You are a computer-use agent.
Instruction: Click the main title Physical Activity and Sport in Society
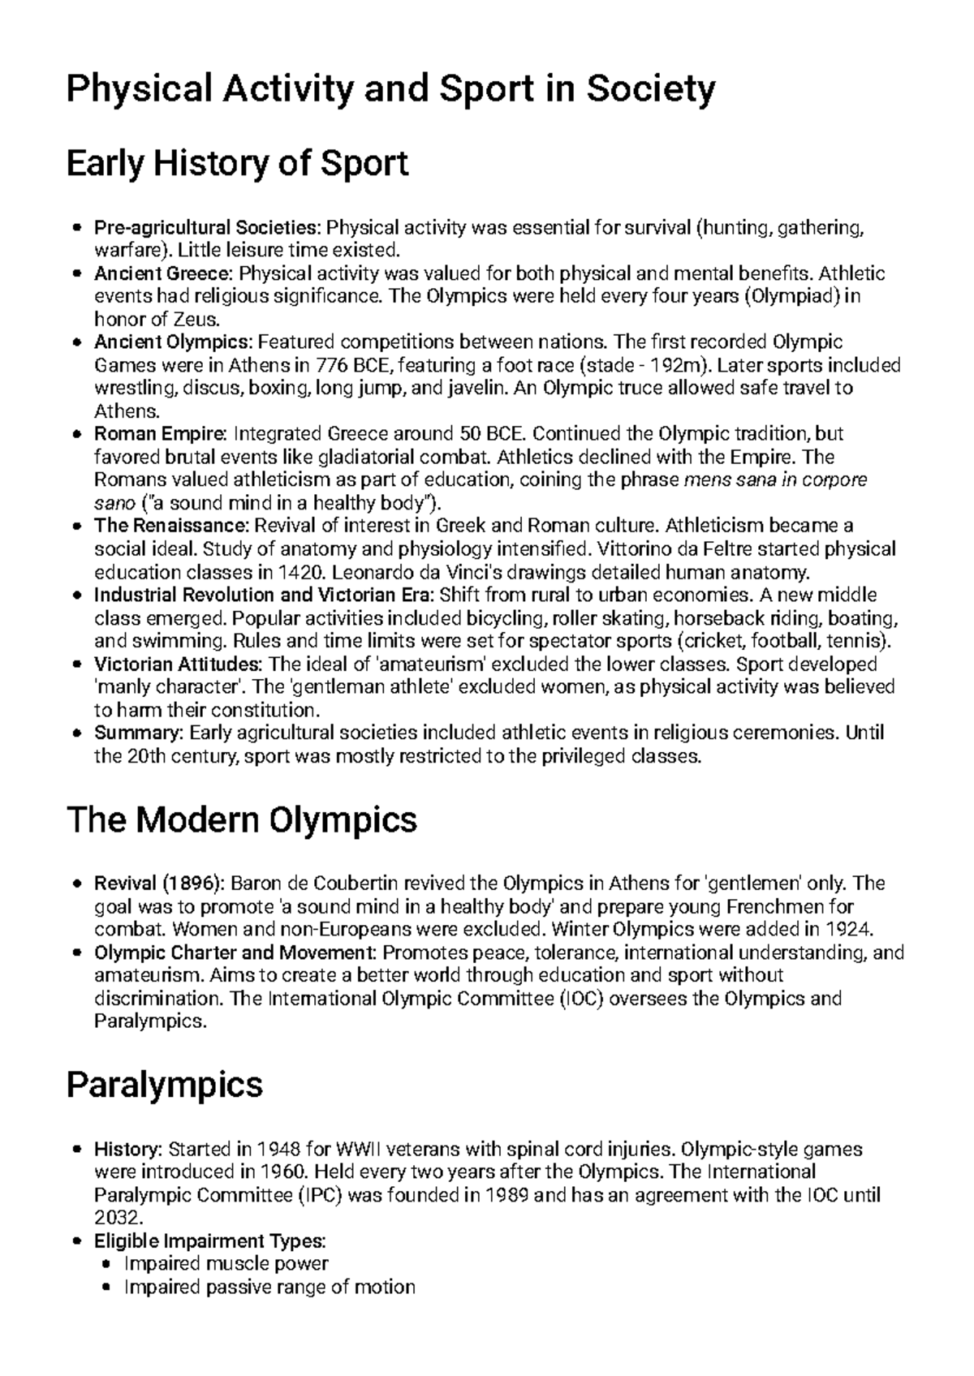(x=390, y=89)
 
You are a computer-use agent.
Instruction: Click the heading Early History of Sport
(x=236, y=164)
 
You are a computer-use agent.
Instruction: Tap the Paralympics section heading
(x=164, y=1085)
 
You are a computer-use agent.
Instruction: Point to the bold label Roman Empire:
(x=162, y=433)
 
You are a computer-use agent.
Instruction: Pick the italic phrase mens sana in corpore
(x=776, y=479)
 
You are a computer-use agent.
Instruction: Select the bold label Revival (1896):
(x=161, y=883)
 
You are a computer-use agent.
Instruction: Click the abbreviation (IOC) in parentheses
(x=580, y=998)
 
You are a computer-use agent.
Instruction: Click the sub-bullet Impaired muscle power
(x=226, y=1263)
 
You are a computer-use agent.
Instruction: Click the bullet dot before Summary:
(x=76, y=734)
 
